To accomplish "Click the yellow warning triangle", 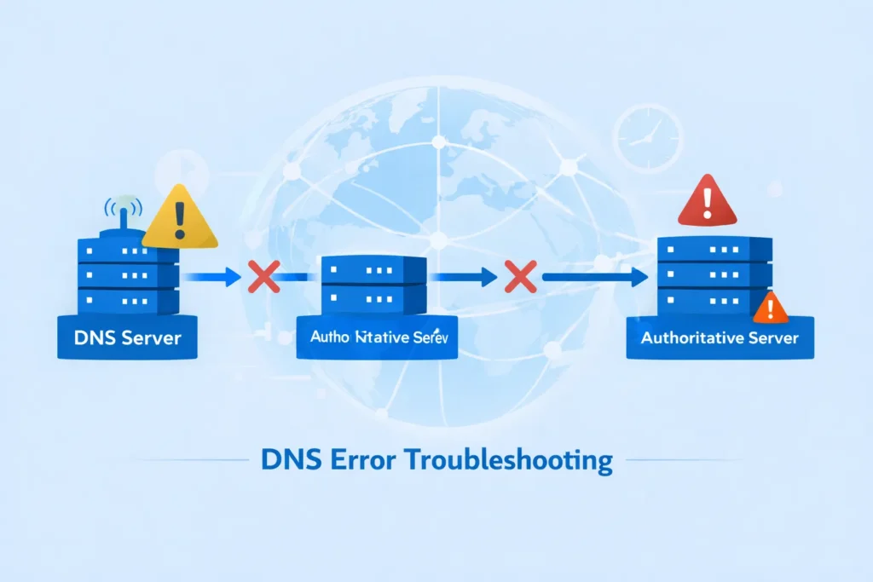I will (x=180, y=218).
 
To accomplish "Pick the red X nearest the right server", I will (x=518, y=277).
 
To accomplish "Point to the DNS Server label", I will (x=127, y=337).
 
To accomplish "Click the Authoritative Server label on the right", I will (x=720, y=337).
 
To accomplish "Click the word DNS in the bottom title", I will (x=287, y=461).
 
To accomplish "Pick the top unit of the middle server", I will (x=374, y=272).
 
